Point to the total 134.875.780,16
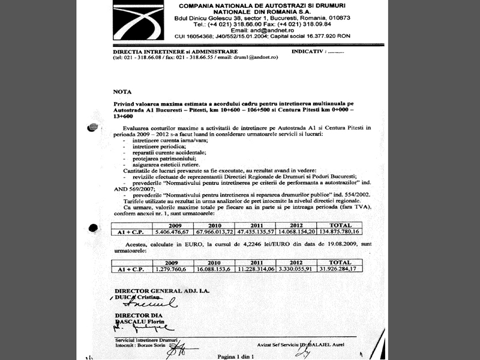point(343,231)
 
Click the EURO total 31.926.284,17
point(343,269)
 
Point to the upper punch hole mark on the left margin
point(92,127)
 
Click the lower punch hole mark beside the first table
point(92,228)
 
